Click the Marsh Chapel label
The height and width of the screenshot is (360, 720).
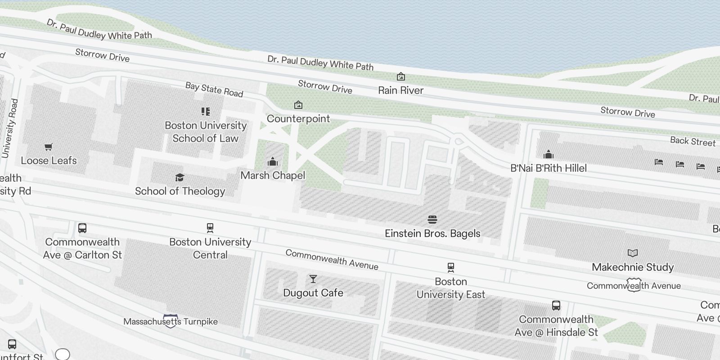pyautogui.click(x=273, y=175)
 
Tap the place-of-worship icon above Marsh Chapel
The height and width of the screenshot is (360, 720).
pyautogui.click(x=273, y=162)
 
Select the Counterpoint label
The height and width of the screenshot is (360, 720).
pyautogui.click(x=298, y=119)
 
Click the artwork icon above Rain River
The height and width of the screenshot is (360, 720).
pyautogui.click(x=400, y=76)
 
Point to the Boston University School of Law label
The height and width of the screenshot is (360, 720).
pyautogui.click(x=206, y=132)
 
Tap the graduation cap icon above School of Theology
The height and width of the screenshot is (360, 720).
pyautogui.click(x=180, y=178)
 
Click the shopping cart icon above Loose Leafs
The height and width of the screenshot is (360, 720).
pyautogui.click(x=49, y=147)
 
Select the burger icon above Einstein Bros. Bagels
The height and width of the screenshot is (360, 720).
pyautogui.click(x=432, y=220)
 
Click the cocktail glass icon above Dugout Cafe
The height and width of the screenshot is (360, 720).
pyautogui.click(x=313, y=279)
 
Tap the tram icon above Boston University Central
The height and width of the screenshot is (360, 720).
pyautogui.click(x=210, y=228)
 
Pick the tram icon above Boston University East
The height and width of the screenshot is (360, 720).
pyautogui.click(x=451, y=268)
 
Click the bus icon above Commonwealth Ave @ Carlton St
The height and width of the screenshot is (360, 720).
pyautogui.click(x=82, y=228)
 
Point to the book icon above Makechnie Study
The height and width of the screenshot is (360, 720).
pyautogui.click(x=633, y=253)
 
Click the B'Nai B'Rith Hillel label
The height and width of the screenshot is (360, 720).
pyautogui.click(x=549, y=168)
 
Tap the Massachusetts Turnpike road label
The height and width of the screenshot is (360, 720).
pyautogui.click(x=171, y=322)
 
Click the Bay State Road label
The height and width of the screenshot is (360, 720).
pyautogui.click(x=214, y=90)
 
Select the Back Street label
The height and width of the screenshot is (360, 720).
pyautogui.click(x=693, y=141)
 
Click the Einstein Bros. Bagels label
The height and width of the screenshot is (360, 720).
pyautogui.click(x=432, y=234)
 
